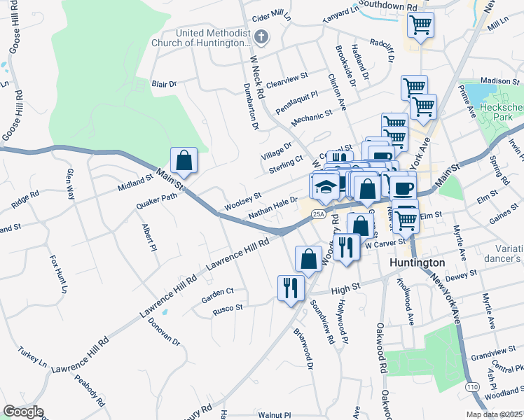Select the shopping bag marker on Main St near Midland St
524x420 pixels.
[184, 160]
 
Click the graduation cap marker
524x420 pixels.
[324, 187]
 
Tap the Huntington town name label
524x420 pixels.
[417, 262]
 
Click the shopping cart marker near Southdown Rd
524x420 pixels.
[420, 25]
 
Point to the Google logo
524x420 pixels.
[23, 412]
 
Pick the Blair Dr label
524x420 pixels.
[164, 85]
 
